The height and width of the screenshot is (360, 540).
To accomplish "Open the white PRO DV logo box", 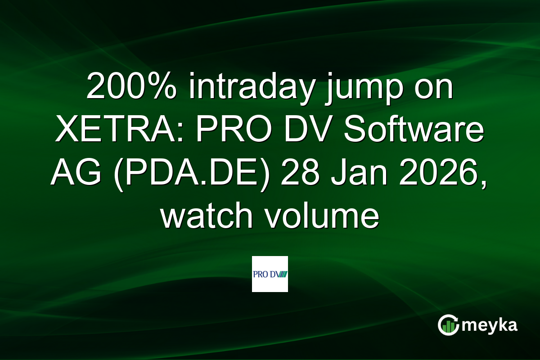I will tap(270, 274).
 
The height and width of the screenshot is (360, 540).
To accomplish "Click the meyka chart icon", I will tap(449, 325).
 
